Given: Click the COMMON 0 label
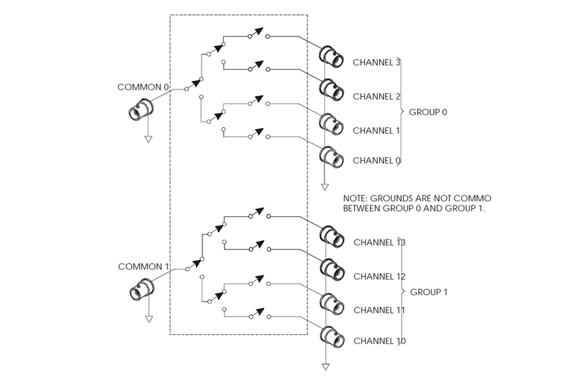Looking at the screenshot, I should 143,87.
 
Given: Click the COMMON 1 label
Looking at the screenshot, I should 143,267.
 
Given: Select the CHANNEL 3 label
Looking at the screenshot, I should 377,63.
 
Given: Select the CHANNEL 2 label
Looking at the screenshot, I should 377,97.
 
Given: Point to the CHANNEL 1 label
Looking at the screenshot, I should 377,131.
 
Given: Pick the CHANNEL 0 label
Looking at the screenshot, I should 377,161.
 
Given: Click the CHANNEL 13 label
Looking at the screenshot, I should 379,242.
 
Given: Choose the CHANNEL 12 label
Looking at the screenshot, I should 379,277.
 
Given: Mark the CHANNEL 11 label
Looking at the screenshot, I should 379,311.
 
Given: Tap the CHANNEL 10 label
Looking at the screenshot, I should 379,341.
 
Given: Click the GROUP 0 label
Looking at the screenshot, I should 428,112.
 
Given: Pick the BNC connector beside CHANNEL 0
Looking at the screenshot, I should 329,156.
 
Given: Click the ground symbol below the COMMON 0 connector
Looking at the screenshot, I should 148,139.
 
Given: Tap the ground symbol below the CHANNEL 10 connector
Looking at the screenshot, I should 325,367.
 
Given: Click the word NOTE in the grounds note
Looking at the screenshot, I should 354,198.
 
